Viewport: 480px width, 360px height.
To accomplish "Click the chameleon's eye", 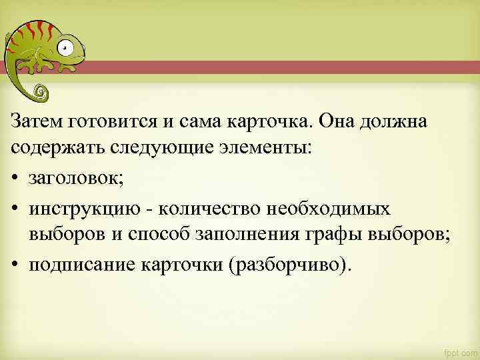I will (64, 47).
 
